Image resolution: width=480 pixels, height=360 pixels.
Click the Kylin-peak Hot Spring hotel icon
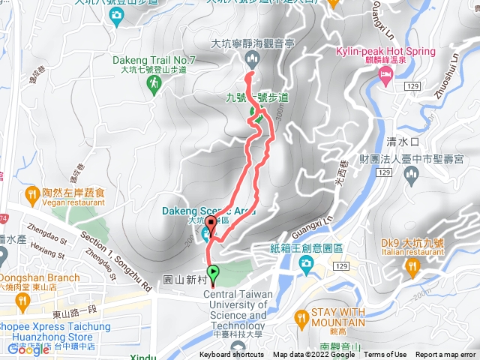(385, 74)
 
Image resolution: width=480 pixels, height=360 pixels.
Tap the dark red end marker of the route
(211, 223)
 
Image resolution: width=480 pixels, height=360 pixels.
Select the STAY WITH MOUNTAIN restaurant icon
(301, 319)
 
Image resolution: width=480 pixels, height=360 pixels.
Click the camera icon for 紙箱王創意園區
(306, 263)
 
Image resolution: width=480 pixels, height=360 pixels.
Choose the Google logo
(28, 349)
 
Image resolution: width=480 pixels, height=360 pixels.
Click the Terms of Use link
(385, 355)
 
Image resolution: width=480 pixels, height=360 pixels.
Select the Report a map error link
(445, 355)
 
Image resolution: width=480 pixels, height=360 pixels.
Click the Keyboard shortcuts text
(232, 355)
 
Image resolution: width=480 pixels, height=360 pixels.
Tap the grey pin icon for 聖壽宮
(410, 175)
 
